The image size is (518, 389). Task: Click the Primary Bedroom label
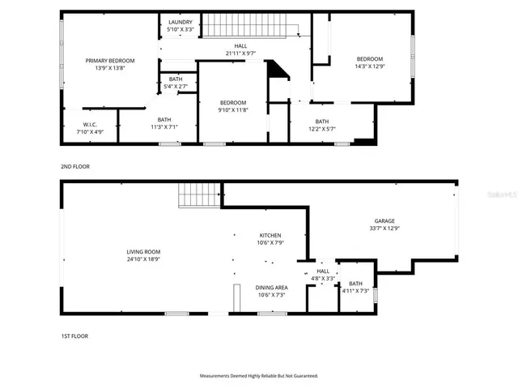point(110,61)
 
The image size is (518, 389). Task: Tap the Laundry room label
point(180,22)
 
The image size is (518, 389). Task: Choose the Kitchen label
point(270,234)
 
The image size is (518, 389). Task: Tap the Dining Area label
point(271,288)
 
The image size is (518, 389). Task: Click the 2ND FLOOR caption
point(74,166)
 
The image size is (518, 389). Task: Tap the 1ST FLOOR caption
point(74,336)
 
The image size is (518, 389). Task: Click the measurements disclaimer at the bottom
point(259,375)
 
